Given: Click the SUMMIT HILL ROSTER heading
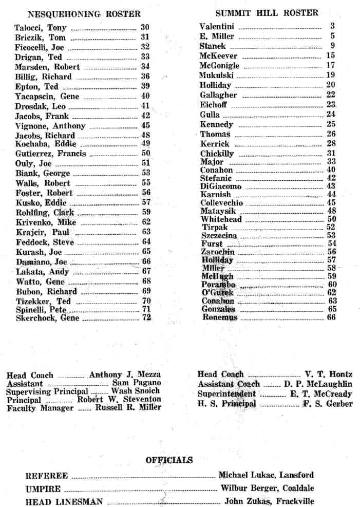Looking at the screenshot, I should point(267,13).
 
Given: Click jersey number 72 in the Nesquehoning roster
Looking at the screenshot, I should point(146,318).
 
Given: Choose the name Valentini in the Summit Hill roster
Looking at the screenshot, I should point(218,26).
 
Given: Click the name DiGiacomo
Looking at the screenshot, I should point(220,186).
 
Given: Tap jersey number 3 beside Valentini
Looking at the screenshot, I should point(332,26).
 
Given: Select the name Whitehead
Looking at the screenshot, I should point(221,219).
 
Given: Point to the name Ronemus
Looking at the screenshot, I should point(220,317).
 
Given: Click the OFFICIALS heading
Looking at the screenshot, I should point(169,460).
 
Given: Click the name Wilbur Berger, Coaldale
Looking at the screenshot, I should point(267,489).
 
